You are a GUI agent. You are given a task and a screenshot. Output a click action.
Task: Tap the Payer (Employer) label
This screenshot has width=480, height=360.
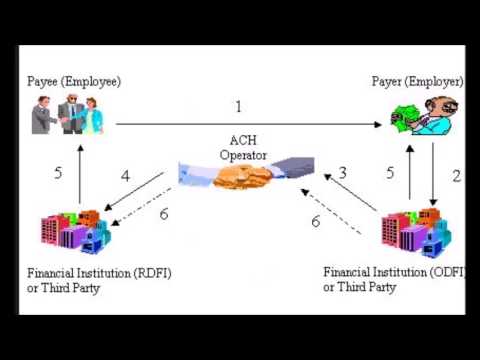click(417, 81)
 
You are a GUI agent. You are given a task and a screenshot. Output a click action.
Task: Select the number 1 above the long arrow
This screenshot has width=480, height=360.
click(239, 107)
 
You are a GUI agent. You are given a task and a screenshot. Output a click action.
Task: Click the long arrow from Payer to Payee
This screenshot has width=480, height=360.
click(250, 124)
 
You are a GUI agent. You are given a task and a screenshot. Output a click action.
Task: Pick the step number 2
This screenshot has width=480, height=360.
click(456, 176)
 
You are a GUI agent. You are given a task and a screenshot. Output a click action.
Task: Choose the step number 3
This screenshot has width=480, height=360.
click(342, 173)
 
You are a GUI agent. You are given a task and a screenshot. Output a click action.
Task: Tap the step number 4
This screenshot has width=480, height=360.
click(125, 176)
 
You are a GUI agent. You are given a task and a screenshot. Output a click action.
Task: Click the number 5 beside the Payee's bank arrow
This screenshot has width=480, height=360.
click(58, 173)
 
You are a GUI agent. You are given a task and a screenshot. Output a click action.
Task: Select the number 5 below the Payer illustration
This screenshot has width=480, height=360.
click(389, 173)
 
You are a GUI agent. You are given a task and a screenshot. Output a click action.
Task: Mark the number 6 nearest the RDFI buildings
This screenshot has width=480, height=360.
click(164, 213)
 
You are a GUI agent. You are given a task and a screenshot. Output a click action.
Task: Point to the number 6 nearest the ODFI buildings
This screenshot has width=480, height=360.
click(316, 220)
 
